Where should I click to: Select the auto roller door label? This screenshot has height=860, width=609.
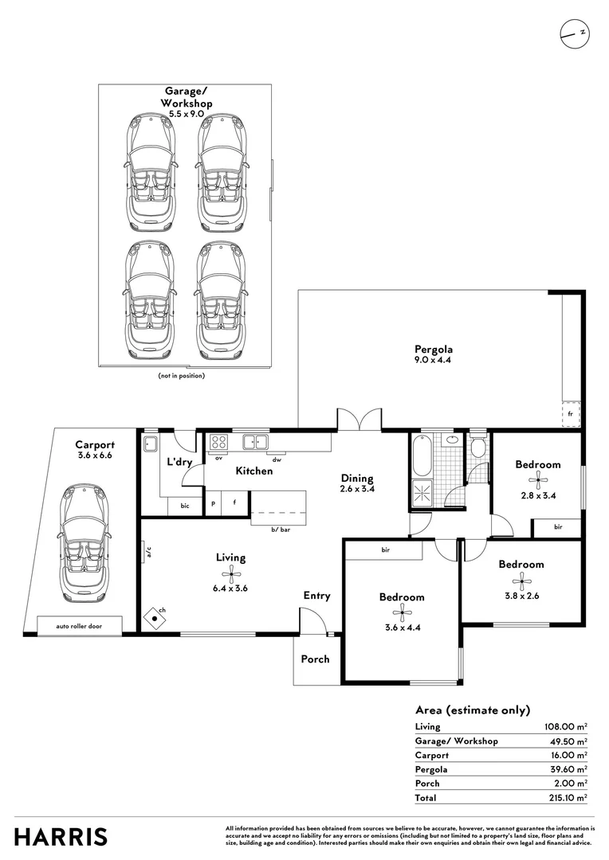coord(78,626)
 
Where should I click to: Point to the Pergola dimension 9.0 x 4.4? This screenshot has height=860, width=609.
coord(433,361)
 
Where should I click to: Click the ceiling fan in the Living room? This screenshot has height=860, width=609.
coord(231,573)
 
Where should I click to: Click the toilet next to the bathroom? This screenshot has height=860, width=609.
coord(477,448)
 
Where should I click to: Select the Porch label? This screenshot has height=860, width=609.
coord(315,659)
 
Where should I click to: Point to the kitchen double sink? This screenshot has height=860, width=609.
coord(256,441)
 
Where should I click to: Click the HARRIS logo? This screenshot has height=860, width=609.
coord(61,837)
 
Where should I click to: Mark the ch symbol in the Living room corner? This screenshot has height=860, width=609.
coord(154,616)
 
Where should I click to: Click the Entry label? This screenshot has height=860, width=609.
coord(316,596)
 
